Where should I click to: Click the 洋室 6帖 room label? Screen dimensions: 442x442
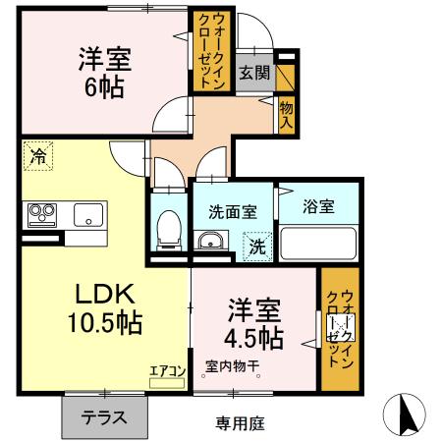click(x=102, y=72)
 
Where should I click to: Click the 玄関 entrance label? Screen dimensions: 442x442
click(x=253, y=73)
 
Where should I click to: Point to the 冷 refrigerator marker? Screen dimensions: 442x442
click(x=37, y=156)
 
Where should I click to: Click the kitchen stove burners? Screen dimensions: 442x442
click(x=43, y=213)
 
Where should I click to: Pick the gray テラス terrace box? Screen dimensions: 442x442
click(x=103, y=415)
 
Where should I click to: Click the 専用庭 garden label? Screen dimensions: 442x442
click(x=241, y=422)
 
